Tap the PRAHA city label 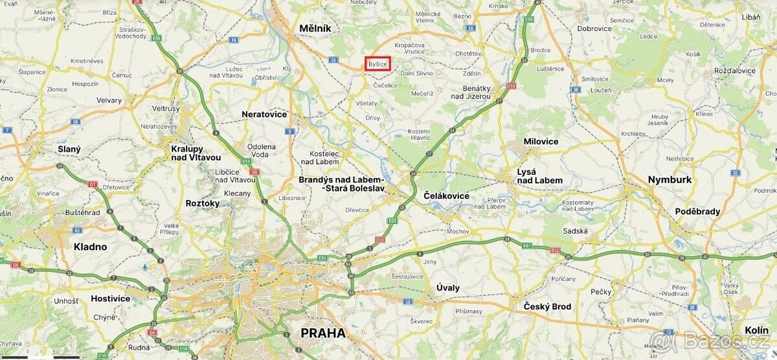click(323, 333)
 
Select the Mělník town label click(315, 28)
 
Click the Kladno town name click(90, 247)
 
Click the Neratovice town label click(264, 114)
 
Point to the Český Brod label click(547, 306)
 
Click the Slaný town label click(69, 149)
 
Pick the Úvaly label click(447, 287)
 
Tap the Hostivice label click(110, 298)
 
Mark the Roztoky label click(202, 203)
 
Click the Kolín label click(756, 330)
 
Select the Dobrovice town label click(594, 28)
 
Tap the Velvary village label click(109, 100)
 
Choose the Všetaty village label click(366, 103)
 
